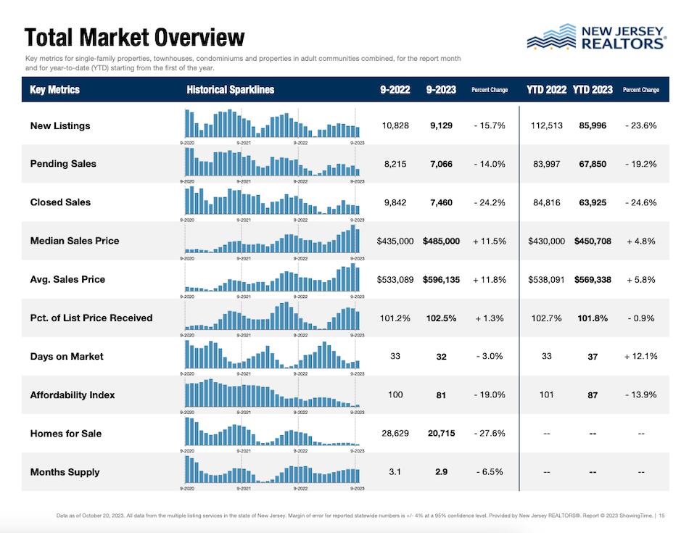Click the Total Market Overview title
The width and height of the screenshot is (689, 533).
click(135, 37)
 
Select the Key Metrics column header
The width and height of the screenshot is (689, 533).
click(55, 90)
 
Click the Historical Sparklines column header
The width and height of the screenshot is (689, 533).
click(230, 90)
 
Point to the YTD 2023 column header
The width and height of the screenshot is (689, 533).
click(593, 90)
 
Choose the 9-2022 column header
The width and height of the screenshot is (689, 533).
click(395, 90)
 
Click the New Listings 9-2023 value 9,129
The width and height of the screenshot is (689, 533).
click(441, 125)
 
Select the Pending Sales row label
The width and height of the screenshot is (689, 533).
click(63, 164)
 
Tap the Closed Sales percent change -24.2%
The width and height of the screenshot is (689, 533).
click(490, 202)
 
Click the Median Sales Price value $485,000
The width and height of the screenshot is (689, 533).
click(441, 241)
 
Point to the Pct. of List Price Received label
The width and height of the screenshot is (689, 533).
click(91, 318)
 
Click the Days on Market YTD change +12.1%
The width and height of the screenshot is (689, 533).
click(641, 356)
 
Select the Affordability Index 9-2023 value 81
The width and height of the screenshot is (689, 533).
click(441, 395)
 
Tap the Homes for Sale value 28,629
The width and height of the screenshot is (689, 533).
click(395, 433)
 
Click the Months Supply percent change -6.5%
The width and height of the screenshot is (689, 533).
click(490, 472)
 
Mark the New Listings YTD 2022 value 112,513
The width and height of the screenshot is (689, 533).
click(547, 125)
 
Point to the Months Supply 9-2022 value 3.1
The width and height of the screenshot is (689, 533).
click(395, 472)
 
